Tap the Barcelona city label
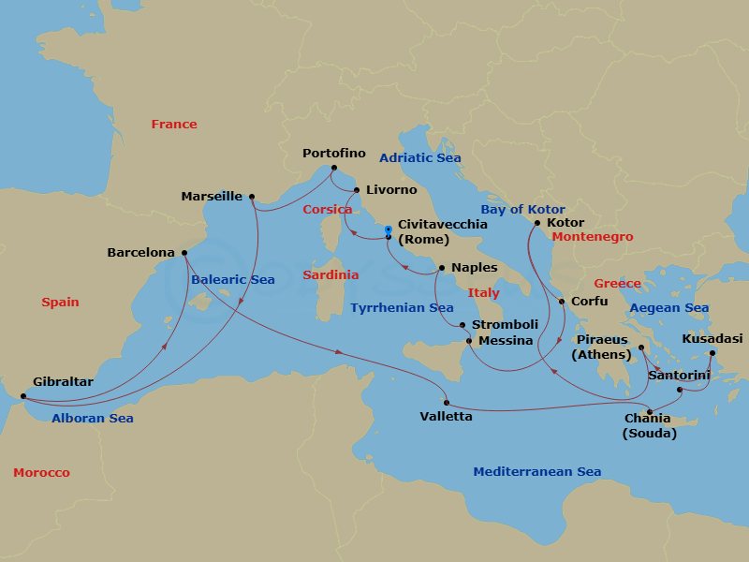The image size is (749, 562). [140, 253]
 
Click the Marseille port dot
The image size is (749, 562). [251, 197]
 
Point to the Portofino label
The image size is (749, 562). [333, 154]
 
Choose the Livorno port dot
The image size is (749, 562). [357, 190]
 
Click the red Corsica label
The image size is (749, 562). [327, 210]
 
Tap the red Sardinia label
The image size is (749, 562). [330, 275]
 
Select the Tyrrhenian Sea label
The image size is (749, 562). [402, 308]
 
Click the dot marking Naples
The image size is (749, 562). [441, 268]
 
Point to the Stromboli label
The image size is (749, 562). [505, 325]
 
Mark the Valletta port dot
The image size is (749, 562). [447, 403]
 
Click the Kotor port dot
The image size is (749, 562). [536, 223]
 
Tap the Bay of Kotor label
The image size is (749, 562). [522, 210]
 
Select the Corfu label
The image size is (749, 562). [590, 302]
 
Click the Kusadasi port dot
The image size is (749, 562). [712, 353]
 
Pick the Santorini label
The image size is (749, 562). [679, 375]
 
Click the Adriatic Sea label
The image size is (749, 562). [420, 158]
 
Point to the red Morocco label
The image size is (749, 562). [41, 473]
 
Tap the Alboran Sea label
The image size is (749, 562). [93, 419]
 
